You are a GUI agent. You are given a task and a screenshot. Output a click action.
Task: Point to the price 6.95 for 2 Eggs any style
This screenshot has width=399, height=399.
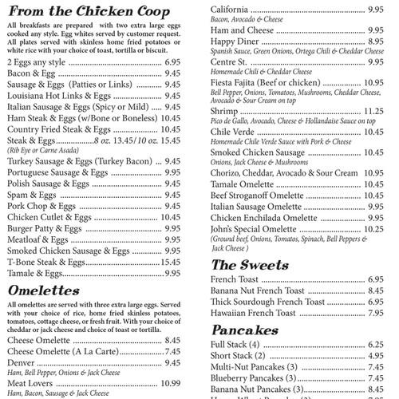(172, 61)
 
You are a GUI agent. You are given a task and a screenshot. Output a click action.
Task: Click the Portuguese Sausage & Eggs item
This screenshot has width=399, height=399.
(57, 172)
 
